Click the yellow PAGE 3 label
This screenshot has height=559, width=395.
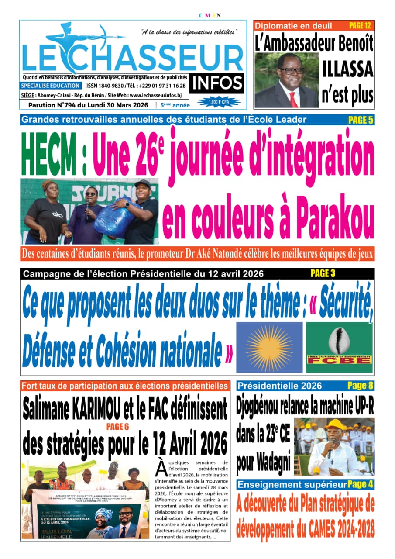pos(323,274)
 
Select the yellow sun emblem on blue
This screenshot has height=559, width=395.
pos(270,348)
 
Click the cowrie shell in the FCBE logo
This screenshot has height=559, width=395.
pos(339,340)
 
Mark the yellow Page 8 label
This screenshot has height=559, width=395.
pos(360,385)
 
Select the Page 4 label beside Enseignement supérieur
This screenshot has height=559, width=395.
pos(361,484)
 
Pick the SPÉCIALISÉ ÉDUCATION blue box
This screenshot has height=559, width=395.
pos(51,86)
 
